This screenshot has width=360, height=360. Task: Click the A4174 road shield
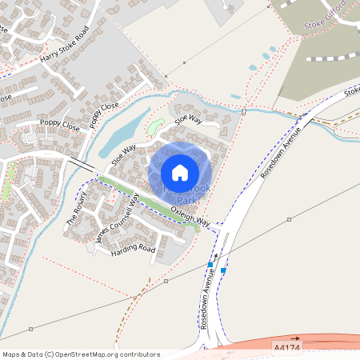click(x=286, y=348)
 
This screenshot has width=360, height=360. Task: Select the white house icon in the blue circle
click(x=180, y=172)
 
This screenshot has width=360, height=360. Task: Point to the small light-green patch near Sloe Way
click(x=155, y=126)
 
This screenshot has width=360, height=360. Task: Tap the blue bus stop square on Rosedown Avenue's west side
click(x=210, y=264)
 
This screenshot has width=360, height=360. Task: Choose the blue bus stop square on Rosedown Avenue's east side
click(x=223, y=270)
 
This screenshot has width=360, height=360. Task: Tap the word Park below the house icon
click(x=186, y=200)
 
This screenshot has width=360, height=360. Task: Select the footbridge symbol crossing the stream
click(x=243, y=111)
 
